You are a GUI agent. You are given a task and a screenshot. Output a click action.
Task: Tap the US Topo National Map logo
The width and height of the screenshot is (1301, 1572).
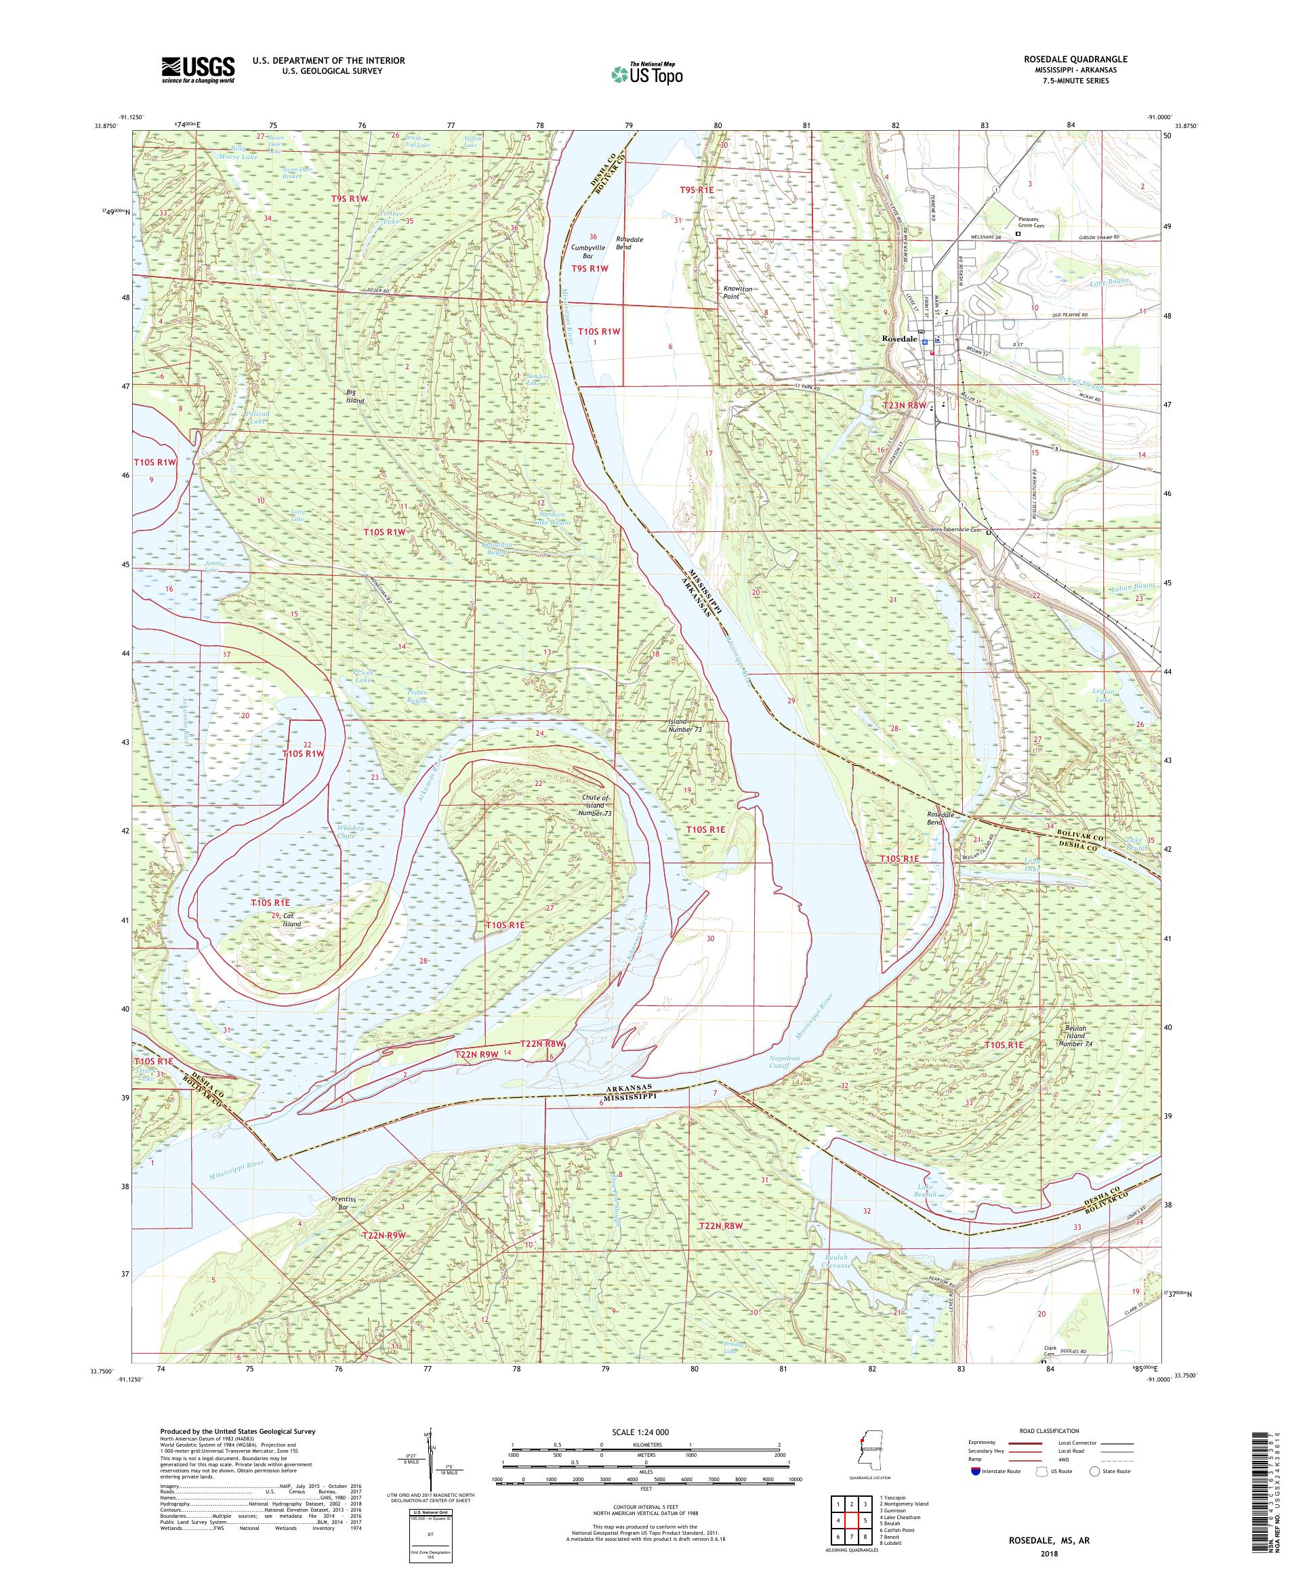(648, 73)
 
